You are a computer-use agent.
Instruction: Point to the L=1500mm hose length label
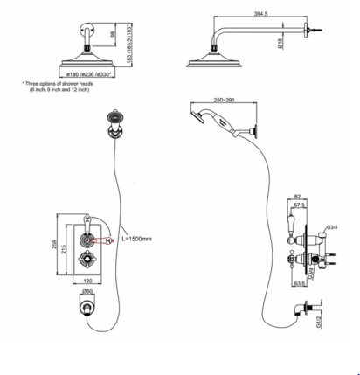(x=137, y=238)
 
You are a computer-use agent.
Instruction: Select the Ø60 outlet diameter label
(x=87, y=292)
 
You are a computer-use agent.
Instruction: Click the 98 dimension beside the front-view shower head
(x=112, y=34)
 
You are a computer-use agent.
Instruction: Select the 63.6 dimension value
(x=298, y=285)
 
